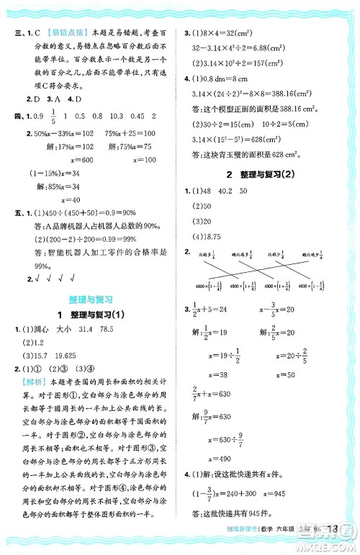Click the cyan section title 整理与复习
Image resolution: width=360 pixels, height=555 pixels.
(89, 298)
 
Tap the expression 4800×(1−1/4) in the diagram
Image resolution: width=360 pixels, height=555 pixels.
(208, 287)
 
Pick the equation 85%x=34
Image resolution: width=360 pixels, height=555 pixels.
(64, 186)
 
